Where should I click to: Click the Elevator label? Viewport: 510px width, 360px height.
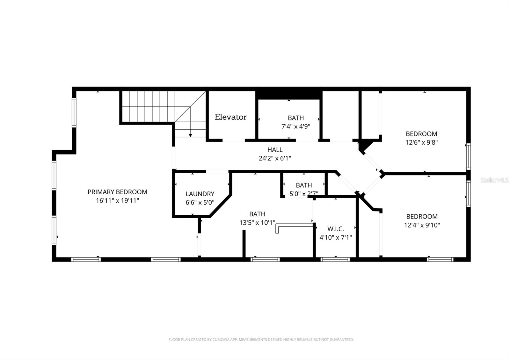click(230, 117)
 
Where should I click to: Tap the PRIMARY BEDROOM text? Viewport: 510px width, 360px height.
click(117, 192)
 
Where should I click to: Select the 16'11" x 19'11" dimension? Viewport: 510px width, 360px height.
click(117, 201)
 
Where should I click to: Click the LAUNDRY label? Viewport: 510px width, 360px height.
click(200, 194)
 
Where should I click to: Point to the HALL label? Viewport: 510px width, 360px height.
click(275, 150)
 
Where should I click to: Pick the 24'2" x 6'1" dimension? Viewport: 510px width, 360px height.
click(275, 158)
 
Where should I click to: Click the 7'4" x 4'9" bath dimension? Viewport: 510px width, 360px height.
click(295, 126)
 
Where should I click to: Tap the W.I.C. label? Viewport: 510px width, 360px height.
click(335, 229)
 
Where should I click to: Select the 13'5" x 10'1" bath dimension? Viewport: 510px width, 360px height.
click(257, 223)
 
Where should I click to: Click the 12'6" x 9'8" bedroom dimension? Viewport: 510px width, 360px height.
click(421, 142)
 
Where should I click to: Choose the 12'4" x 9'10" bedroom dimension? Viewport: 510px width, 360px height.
click(422, 225)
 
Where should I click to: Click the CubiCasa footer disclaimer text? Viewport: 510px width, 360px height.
click(261, 340)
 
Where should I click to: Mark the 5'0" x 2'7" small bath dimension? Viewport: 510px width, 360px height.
click(303, 193)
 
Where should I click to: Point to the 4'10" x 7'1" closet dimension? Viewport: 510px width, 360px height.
click(335, 237)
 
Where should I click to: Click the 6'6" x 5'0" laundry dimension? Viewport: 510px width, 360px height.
click(200, 202)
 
